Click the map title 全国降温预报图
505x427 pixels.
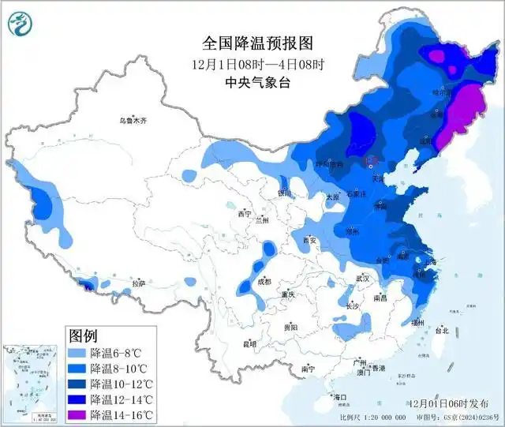pos(252,43)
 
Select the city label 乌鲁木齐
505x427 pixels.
pos(133,121)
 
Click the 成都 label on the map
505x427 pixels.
pos(263,282)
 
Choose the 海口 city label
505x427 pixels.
pos(340,396)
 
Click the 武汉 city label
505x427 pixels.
pos(362,279)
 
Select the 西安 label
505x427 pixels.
pos(309,241)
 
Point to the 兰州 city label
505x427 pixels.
pos(262,221)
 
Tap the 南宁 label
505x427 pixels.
pos(309,369)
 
